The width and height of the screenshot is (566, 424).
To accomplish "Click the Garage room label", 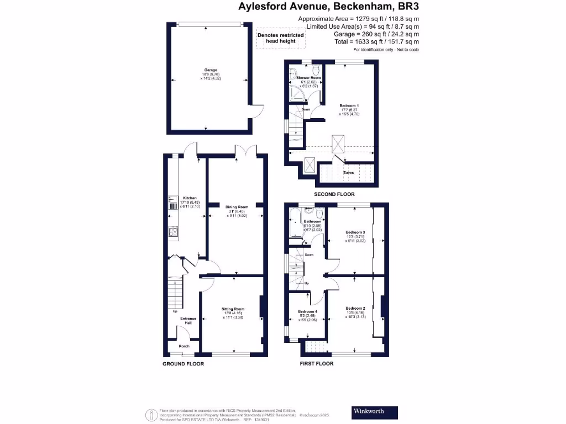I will [209, 71].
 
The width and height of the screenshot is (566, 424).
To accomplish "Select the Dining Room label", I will [237, 207].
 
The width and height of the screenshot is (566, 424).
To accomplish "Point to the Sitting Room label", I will [233, 309].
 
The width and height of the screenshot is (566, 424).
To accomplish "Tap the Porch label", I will [184, 347].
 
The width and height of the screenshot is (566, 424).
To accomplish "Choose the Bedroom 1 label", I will [349, 105].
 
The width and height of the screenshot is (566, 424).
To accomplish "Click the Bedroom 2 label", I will [355, 308].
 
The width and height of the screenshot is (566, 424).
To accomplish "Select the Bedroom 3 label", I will [355, 232].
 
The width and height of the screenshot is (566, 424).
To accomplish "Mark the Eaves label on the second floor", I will [348, 173].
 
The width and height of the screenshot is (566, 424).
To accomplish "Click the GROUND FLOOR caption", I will [183, 364].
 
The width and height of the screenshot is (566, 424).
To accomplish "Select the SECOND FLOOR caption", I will [334, 194].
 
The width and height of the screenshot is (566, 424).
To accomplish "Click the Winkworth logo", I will [375, 412].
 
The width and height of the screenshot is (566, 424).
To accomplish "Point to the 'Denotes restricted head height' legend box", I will [281, 38].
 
